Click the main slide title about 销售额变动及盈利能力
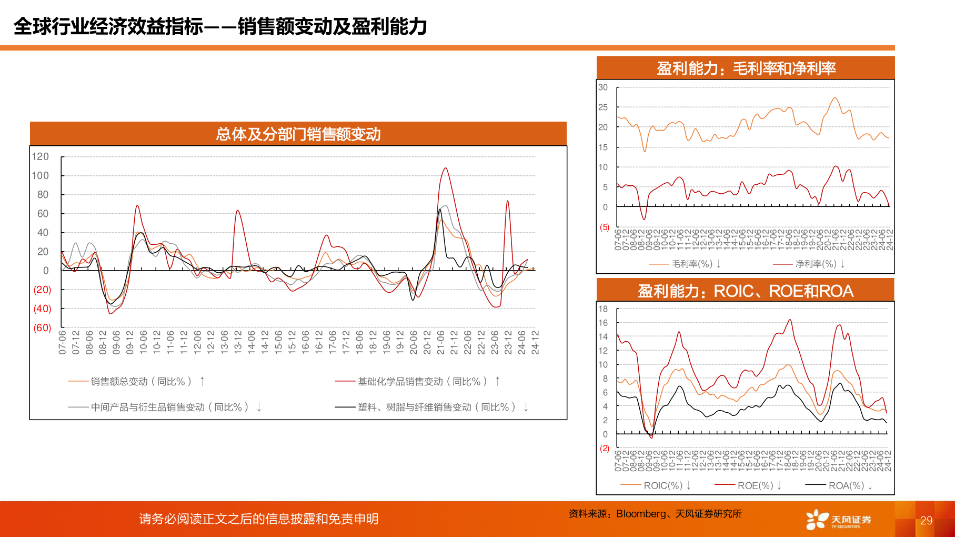(x=220, y=26)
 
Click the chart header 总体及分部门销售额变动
(x=298, y=134)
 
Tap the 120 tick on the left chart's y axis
(x=40, y=156)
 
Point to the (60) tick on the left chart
(x=42, y=327)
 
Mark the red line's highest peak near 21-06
(x=446, y=168)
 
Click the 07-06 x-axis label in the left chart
(x=63, y=342)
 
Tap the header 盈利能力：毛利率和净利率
(x=746, y=68)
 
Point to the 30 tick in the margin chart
(x=603, y=87)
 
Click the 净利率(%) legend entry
(x=816, y=264)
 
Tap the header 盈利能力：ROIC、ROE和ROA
(x=746, y=291)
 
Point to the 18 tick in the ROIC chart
(x=603, y=309)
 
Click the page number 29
(x=926, y=521)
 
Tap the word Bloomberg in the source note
(x=640, y=514)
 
